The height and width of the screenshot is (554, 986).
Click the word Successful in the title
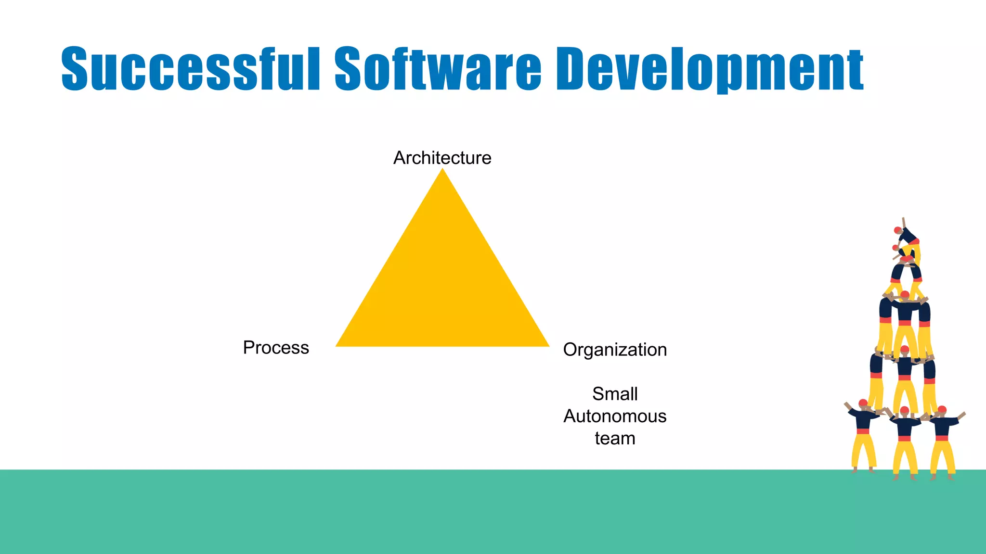click(190, 68)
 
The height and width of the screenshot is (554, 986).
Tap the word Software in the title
click(438, 68)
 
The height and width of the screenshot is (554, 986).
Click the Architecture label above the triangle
click(442, 158)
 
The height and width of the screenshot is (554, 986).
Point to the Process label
click(276, 348)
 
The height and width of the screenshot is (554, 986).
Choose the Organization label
click(615, 350)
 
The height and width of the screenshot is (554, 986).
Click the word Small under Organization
click(615, 394)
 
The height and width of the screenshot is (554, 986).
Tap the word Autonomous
click(615, 416)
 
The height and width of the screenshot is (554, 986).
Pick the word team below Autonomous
click(615, 439)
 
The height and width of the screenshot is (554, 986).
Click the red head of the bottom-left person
click(863, 403)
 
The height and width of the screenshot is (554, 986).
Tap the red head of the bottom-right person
click(942, 410)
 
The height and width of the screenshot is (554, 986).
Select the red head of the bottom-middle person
click(904, 411)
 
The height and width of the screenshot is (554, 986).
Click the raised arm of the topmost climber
click(904, 222)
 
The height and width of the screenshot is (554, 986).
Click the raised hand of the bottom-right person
click(962, 414)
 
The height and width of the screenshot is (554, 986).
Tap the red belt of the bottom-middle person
click(904, 438)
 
